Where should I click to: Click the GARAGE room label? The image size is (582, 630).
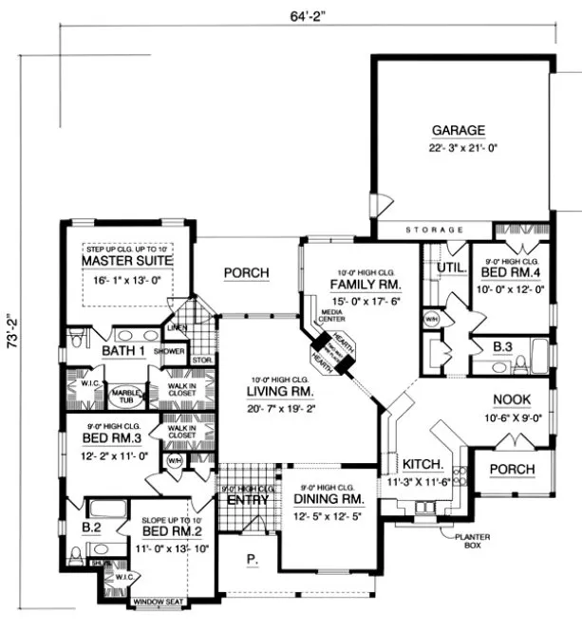tap(459, 130)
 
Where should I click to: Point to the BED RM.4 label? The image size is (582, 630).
tap(516, 272)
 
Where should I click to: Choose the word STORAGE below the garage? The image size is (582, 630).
tap(434, 231)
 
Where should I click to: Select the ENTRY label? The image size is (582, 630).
tap(245, 500)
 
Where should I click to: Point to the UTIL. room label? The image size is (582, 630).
tap(449, 269)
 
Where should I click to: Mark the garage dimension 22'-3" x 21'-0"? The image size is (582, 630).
tap(459, 148)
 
